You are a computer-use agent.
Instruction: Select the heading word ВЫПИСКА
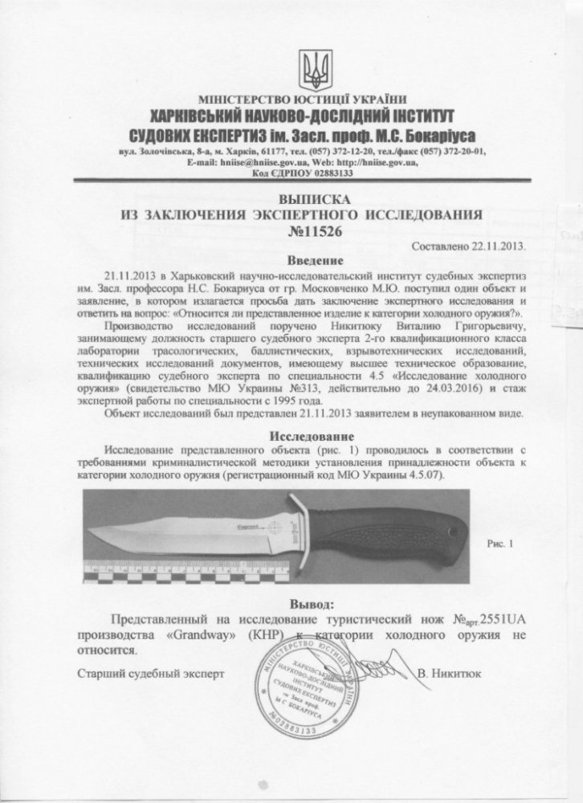coord(309,199)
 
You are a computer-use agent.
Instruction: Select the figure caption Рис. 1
coord(499,544)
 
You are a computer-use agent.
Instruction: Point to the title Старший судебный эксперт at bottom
coord(152,674)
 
